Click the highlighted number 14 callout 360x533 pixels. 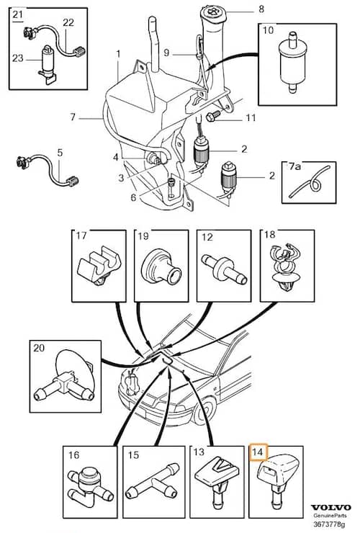click(258, 452)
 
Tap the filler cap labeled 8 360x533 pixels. click(212, 14)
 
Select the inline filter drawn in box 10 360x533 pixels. click(292, 63)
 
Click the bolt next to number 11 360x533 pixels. click(210, 117)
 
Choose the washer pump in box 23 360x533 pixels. click(46, 64)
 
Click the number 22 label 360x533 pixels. click(68, 22)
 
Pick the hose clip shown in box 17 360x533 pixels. click(99, 266)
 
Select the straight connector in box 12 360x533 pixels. click(224, 269)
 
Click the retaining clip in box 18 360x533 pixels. click(287, 267)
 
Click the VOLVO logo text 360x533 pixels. click(330, 508)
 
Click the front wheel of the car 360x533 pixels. click(204, 411)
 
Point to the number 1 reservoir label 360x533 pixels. click(118, 54)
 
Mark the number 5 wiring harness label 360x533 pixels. click(60, 152)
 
